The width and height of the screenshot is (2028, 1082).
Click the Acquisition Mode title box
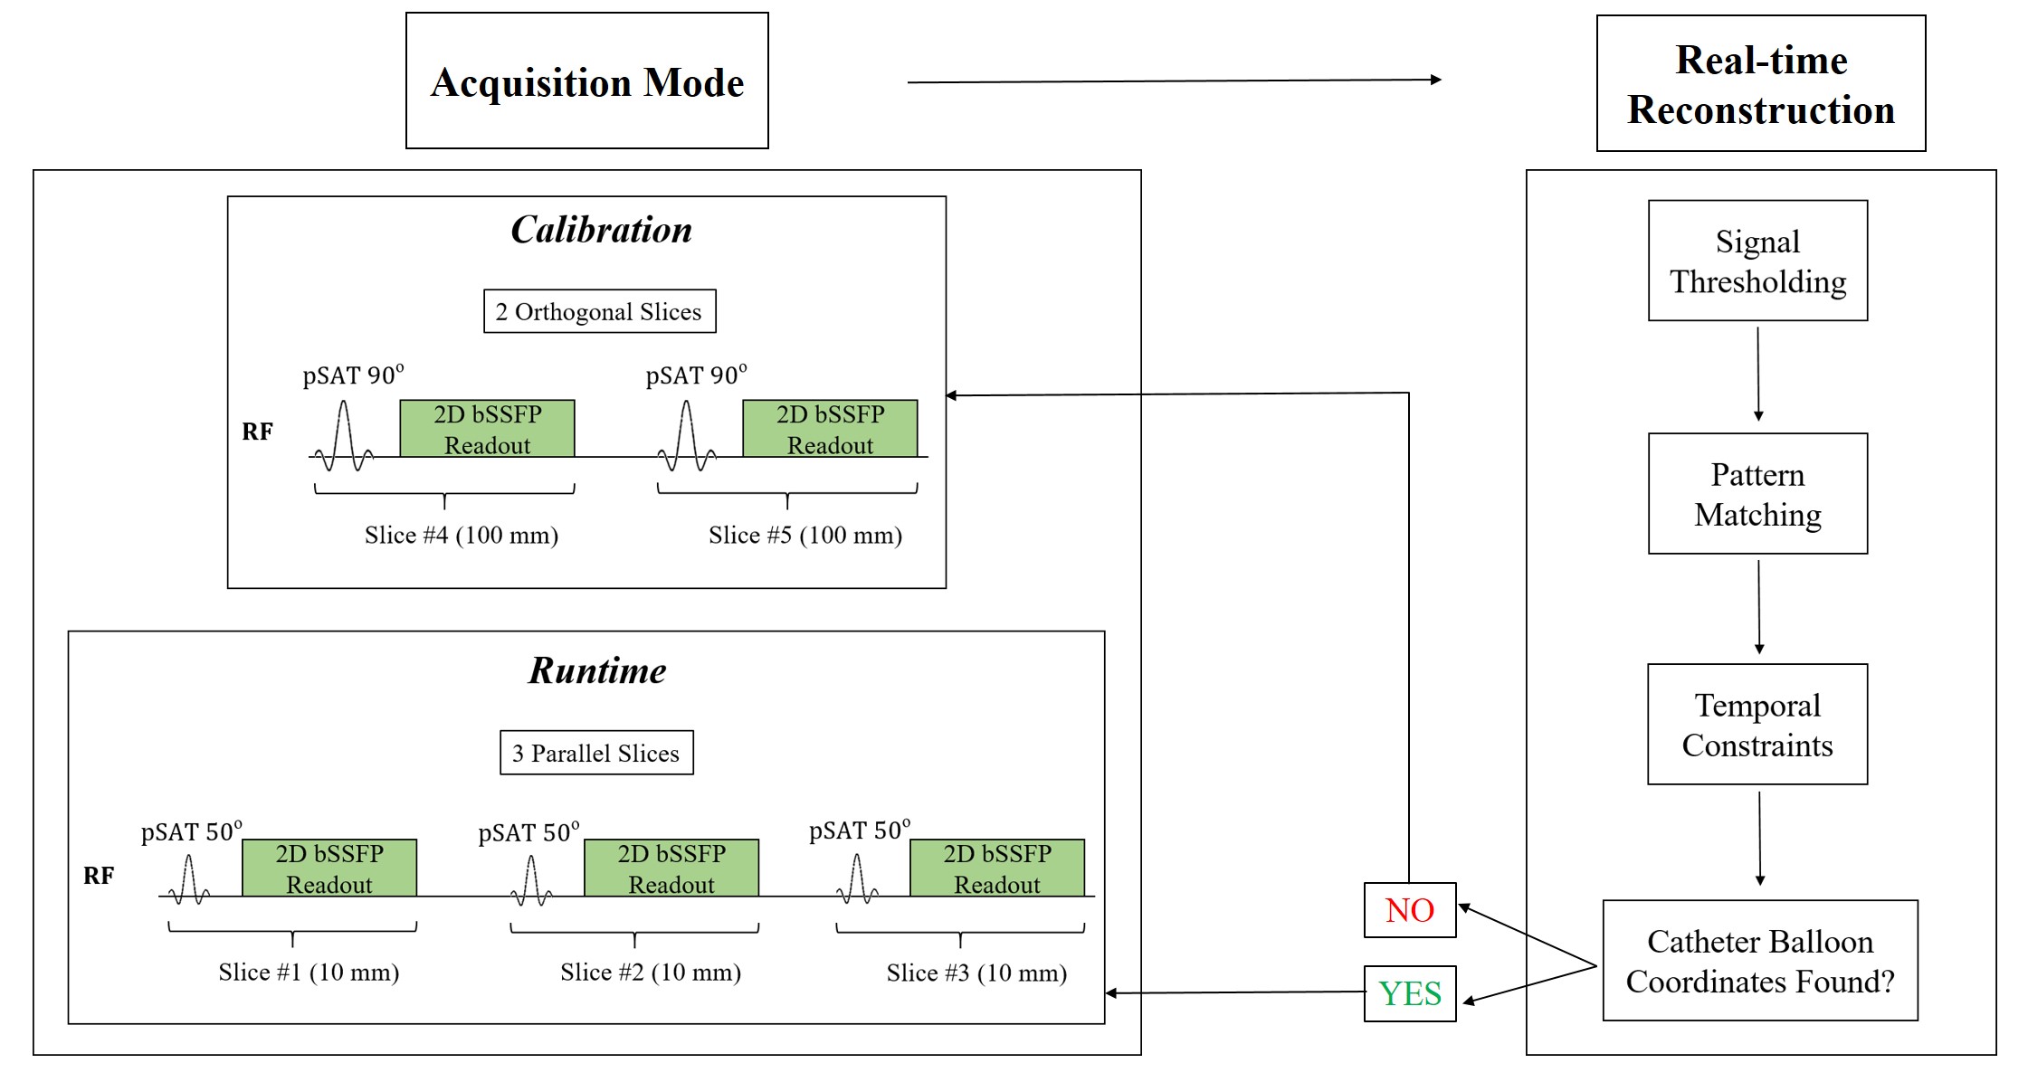(x=586, y=81)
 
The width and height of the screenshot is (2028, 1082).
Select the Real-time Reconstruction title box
(x=1760, y=84)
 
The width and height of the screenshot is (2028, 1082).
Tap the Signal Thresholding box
(x=1757, y=261)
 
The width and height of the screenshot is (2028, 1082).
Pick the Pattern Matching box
(x=1757, y=494)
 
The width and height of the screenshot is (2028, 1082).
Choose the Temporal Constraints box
(x=1757, y=725)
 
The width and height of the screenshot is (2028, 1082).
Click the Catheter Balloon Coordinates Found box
(x=1760, y=961)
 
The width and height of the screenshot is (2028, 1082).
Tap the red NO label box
(x=1410, y=910)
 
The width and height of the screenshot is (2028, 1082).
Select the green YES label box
(x=1410, y=993)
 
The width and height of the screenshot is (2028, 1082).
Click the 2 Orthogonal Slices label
(x=599, y=311)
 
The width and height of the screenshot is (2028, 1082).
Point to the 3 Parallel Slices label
(x=596, y=753)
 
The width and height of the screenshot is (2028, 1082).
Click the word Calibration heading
(x=601, y=230)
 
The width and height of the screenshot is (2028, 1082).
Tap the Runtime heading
(x=597, y=670)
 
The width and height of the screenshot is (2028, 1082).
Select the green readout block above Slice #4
(x=487, y=429)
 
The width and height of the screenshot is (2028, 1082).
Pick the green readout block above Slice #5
(x=830, y=429)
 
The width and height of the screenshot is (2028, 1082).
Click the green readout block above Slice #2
(x=671, y=868)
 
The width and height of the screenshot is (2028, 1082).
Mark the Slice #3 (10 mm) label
(x=976, y=973)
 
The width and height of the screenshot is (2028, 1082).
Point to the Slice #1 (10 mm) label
(x=309, y=973)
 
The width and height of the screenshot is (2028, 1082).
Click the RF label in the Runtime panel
(x=99, y=876)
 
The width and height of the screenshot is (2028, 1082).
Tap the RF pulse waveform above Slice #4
(x=343, y=439)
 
